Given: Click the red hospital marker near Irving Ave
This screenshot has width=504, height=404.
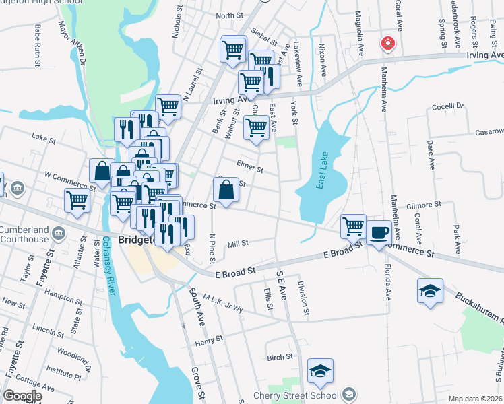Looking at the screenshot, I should click(x=388, y=44).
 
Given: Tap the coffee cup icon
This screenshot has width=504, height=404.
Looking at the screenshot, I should click(x=379, y=232).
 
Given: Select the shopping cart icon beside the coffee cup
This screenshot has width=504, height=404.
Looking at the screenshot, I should click(x=353, y=226).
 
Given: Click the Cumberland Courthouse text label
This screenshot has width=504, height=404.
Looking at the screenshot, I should click(x=24, y=234).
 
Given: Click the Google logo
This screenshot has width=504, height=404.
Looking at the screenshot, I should click(x=22, y=396).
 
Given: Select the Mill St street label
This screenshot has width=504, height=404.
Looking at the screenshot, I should click(x=239, y=243).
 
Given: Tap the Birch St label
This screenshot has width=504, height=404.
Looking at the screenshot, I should click(x=280, y=357).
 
